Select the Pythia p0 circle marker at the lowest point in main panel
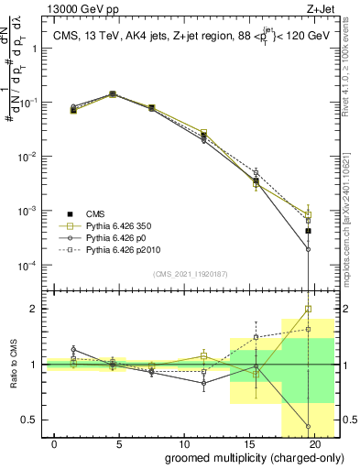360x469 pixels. click(308, 249)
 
